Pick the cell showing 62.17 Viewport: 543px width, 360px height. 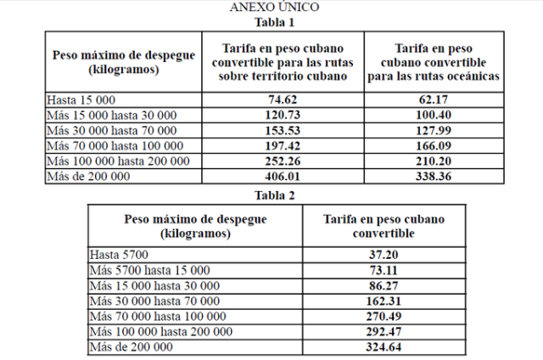point(433,99)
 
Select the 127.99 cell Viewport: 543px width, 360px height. point(433,130)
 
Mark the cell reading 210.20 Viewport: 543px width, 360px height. point(433,160)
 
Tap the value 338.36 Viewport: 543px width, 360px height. point(433,176)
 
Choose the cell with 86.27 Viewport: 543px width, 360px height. point(383,285)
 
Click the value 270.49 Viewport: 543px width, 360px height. point(383,316)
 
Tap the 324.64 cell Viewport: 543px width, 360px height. point(383,346)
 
